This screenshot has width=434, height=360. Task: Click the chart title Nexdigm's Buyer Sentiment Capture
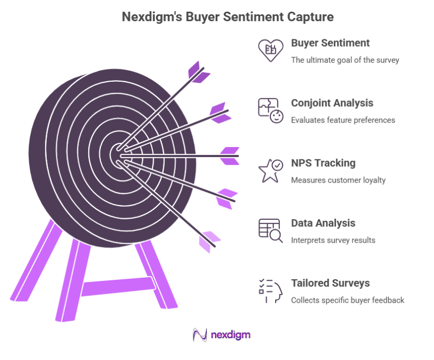click(x=227, y=17)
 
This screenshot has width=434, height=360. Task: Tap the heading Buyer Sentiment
click(x=330, y=43)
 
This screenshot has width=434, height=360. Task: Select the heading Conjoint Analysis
click(x=332, y=103)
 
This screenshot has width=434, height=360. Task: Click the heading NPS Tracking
click(x=323, y=163)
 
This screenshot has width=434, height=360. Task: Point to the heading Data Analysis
click(x=323, y=223)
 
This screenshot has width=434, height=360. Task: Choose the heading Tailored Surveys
click(x=330, y=283)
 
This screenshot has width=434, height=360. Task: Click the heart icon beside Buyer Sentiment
click(x=270, y=50)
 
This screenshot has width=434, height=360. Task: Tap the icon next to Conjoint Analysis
click(x=270, y=110)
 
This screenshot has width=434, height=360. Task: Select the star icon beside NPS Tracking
click(x=270, y=170)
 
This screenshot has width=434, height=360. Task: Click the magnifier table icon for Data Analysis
click(x=270, y=230)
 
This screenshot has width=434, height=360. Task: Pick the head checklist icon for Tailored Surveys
click(x=270, y=291)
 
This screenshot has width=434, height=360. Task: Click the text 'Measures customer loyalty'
click(x=338, y=181)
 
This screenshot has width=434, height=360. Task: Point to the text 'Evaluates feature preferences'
click(x=343, y=121)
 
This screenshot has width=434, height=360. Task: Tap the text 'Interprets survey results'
click(x=333, y=241)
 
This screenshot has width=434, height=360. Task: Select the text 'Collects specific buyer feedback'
click(x=347, y=301)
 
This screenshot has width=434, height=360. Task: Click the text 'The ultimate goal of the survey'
click(x=345, y=61)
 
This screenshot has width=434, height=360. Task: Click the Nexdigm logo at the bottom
click(x=222, y=335)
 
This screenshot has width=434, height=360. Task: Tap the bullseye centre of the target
click(x=116, y=155)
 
